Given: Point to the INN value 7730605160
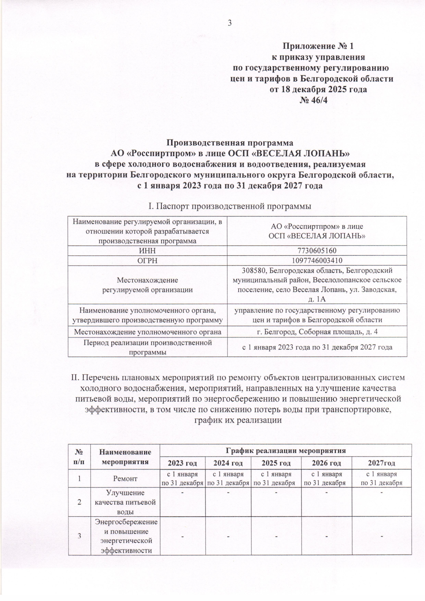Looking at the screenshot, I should tap(316, 251).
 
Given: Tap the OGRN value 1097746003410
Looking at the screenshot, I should tap(316, 260).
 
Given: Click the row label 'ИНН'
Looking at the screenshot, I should tap(147, 251).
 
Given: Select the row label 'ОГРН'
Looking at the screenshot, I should tap(147, 260).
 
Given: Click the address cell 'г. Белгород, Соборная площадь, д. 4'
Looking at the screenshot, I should tap(317, 332).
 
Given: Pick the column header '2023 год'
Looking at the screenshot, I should tap(182, 463).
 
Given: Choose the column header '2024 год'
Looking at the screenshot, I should tap(228, 463).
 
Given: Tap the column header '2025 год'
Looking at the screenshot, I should tap(276, 463).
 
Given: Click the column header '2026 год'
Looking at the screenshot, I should tap(326, 463).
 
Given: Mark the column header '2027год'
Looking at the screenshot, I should tap(381, 463).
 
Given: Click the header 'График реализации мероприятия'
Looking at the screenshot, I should tap(285, 450).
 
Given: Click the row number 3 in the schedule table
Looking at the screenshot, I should tap(79, 535).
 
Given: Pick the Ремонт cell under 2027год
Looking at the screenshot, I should tap(381, 478).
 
